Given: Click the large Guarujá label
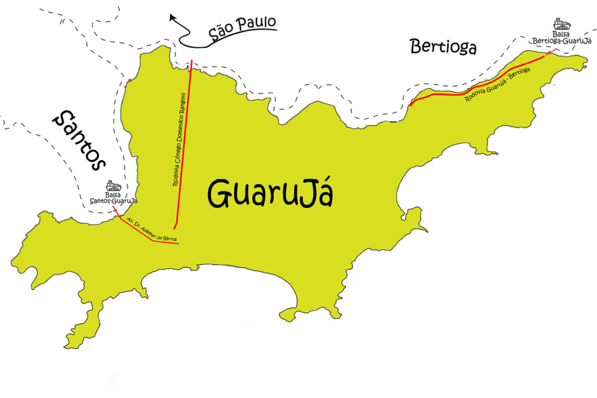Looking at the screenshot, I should click(x=271, y=193).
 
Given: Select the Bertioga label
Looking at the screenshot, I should click(x=443, y=47).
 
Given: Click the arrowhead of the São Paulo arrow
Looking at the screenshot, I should click(x=173, y=18).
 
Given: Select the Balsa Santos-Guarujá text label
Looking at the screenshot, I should click(x=114, y=198).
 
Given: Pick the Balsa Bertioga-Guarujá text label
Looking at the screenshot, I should click(x=561, y=38).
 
